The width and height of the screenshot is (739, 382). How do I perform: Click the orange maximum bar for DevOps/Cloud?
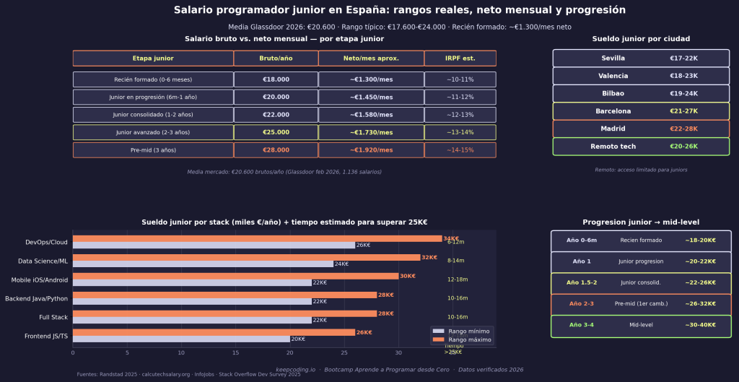click(257, 238)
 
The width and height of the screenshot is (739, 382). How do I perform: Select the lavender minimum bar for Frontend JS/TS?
click(180, 339)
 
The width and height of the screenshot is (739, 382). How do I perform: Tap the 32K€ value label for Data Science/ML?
click(429, 257)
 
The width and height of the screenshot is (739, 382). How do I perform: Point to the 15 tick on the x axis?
click(235, 352)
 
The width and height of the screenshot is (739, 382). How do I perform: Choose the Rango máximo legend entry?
click(469, 339)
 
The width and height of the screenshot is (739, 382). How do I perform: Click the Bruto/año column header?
click(276, 58)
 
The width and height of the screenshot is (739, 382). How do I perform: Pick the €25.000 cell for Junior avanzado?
click(276, 132)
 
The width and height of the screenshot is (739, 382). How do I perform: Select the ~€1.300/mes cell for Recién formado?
click(371, 79)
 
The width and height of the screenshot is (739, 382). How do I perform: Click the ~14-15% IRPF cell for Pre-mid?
click(460, 150)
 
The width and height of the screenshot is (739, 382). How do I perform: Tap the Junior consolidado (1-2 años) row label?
click(152, 115)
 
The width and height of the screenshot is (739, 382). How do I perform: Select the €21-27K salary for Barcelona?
click(683, 111)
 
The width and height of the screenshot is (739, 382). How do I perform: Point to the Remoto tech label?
click(613, 147)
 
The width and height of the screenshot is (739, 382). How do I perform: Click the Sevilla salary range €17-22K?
click(683, 58)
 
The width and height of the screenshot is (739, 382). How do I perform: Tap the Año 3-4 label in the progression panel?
click(582, 325)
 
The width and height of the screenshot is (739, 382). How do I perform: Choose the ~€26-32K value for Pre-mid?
click(700, 304)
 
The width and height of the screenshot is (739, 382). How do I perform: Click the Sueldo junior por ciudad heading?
click(641, 39)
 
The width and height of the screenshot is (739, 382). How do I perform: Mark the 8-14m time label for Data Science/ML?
click(455, 261)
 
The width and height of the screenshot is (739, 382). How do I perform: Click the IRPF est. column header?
click(460, 58)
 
